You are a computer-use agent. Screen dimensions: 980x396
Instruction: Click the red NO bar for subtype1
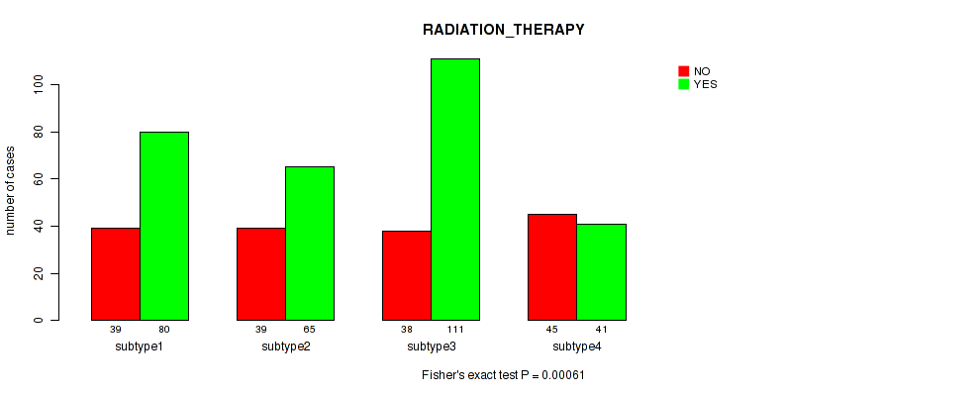[x=116, y=274]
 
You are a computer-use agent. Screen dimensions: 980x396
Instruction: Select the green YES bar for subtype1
[x=164, y=226]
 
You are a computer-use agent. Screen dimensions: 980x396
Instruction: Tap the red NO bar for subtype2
[x=261, y=274]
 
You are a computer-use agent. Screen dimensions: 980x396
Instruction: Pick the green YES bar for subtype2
[x=310, y=244]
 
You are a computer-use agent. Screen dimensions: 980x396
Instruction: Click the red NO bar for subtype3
[x=407, y=275]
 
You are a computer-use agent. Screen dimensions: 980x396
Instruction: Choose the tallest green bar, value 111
[x=455, y=189]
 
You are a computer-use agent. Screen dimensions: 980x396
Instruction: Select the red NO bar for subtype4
[x=552, y=267]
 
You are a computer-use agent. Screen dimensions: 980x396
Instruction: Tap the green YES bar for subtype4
[x=601, y=271]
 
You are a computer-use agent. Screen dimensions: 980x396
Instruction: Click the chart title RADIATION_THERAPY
[x=504, y=30]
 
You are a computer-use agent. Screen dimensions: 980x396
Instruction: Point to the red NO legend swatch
[x=684, y=71]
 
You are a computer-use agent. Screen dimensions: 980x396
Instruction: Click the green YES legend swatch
[x=684, y=84]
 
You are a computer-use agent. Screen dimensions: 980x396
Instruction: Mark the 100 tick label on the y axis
[x=40, y=84]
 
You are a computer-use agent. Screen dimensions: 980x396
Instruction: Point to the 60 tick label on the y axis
[x=40, y=179]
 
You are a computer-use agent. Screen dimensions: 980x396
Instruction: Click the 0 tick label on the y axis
[x=40, y=321]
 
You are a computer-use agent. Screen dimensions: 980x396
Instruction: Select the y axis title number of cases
[x=10, y=190]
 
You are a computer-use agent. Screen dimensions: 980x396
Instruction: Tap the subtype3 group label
[x=432, y=346]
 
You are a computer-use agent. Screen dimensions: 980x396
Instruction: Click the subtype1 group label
[x=140, y=346]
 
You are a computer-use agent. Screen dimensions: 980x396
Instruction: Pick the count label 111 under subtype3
[x=455, y=329]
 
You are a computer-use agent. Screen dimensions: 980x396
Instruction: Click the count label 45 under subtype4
[x=552, y=329]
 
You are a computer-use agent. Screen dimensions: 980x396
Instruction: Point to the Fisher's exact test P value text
[x=504, y=375]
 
